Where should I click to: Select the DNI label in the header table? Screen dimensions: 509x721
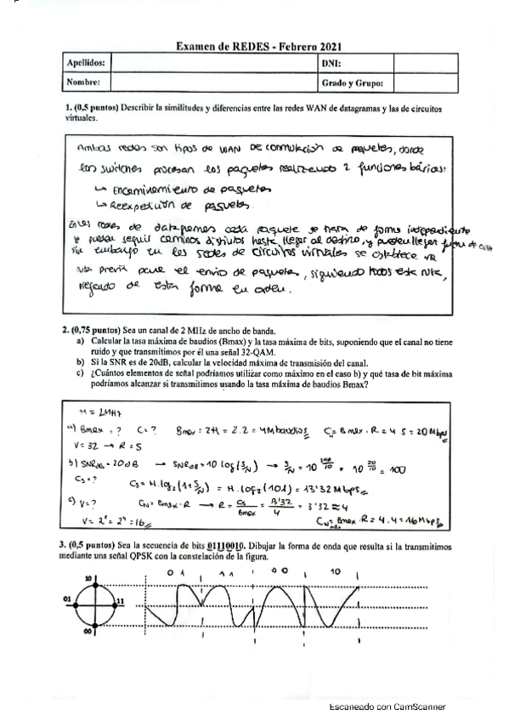point(331,63)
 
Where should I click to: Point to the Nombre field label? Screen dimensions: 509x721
point(83,82)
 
